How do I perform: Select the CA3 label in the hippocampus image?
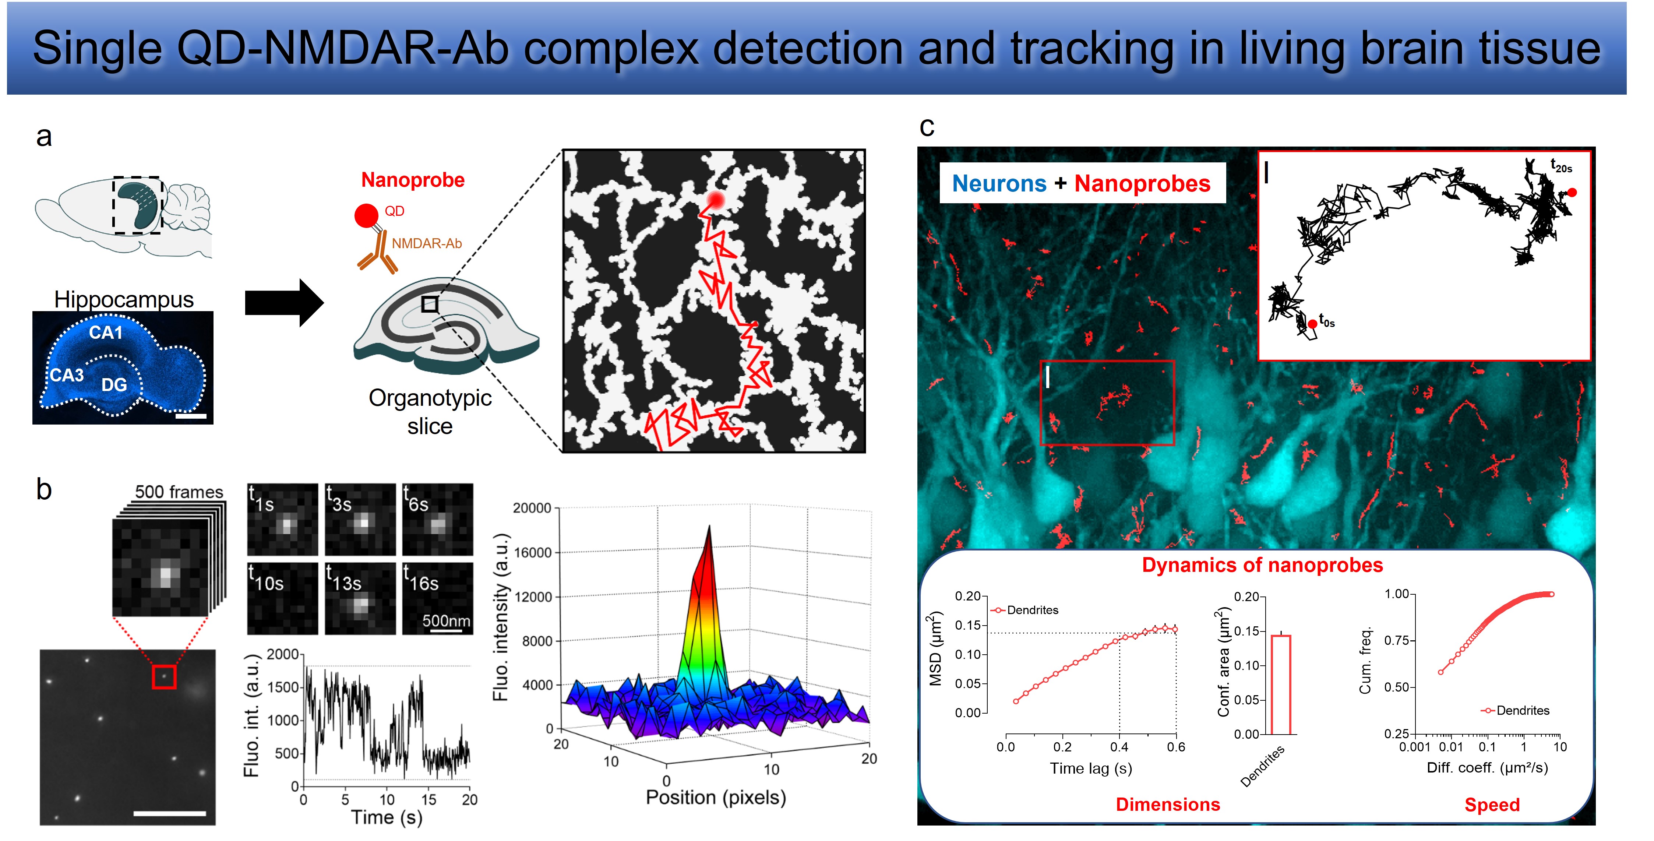[x=67, y=375]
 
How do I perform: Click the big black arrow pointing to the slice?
[x=285, y=302]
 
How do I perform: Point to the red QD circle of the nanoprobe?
[x=367, y=216]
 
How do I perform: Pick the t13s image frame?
[x=360, y=598]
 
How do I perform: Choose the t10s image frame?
[x=282, y=598]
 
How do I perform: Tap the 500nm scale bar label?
[x=446, y=621]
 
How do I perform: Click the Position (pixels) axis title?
[x=716, y=797]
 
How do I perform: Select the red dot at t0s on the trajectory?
[x=1312, y=324]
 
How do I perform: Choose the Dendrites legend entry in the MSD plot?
[x=1025, y=610]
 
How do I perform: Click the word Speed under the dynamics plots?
[x=1492, y=805]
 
